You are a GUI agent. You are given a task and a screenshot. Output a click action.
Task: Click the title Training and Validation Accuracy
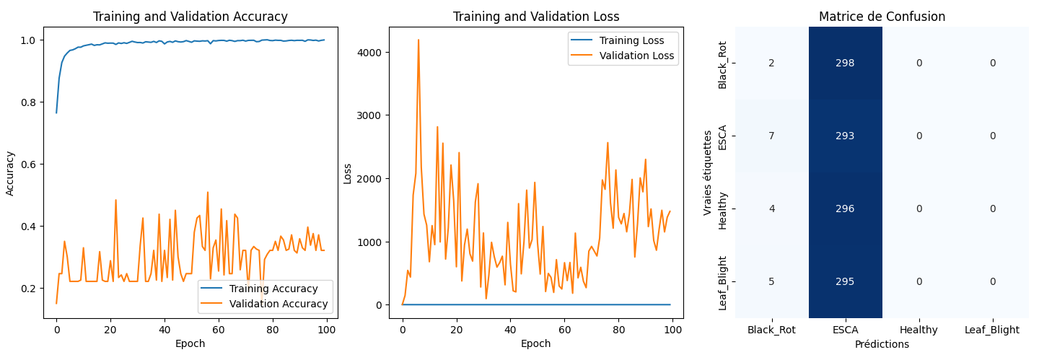[x=190, y=17]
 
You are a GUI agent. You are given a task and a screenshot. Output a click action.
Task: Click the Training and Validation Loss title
[x=535, y=17]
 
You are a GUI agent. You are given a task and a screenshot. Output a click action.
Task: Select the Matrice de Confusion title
[x=882, y=17]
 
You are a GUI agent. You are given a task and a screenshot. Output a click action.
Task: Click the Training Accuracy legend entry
[x=273, y=289]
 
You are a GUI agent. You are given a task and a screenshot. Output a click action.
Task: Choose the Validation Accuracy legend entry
[x=279, y=304]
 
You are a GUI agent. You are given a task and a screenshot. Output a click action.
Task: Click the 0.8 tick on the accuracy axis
[x=33, y=102]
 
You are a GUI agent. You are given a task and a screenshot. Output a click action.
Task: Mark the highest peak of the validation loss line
[x=418, y=40]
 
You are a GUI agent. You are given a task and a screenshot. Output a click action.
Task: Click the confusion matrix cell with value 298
[x=845, y=63]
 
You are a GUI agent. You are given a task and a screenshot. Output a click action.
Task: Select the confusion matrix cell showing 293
[x=845, y=136]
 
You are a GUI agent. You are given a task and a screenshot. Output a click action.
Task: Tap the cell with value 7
[x=771, y=136]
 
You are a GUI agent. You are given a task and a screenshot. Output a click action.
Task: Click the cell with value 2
[x=771, y=63]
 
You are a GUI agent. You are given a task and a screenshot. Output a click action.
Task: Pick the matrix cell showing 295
[x=845, y=281]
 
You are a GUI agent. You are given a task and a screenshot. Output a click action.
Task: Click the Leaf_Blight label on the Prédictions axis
[x=992, y=330]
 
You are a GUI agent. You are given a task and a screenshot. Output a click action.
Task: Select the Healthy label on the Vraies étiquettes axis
[x=723, y=209]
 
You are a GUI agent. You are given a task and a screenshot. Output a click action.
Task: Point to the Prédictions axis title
[x=882, y=345]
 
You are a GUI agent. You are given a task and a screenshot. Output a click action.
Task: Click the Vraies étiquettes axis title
[x=708, y=172]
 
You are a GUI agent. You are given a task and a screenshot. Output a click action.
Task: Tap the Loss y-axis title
[x=348, y=173]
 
